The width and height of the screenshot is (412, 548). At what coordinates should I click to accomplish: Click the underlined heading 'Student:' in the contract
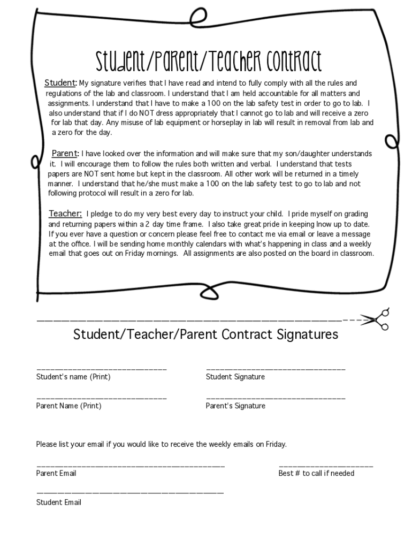[x=60, y=83]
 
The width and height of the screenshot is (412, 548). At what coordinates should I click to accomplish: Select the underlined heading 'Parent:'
[x=65, y=154]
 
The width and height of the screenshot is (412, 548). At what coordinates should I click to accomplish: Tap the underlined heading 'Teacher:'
[x=65, y=214]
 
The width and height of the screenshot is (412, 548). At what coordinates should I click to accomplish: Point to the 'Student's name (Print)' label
[x=73, y=377]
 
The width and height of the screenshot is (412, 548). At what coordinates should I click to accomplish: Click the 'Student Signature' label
[x=235, y=377]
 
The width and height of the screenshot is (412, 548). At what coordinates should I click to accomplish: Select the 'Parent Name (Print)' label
[x=68, y=406]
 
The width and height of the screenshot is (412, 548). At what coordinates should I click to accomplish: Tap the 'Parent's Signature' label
[x=235, y=406]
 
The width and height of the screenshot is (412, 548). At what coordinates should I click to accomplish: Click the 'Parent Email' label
[x=56, y=473]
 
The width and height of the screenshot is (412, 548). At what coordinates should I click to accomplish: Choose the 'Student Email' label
[x=59, y=502]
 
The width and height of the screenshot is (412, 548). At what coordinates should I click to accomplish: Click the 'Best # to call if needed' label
[x=316, y=473]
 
